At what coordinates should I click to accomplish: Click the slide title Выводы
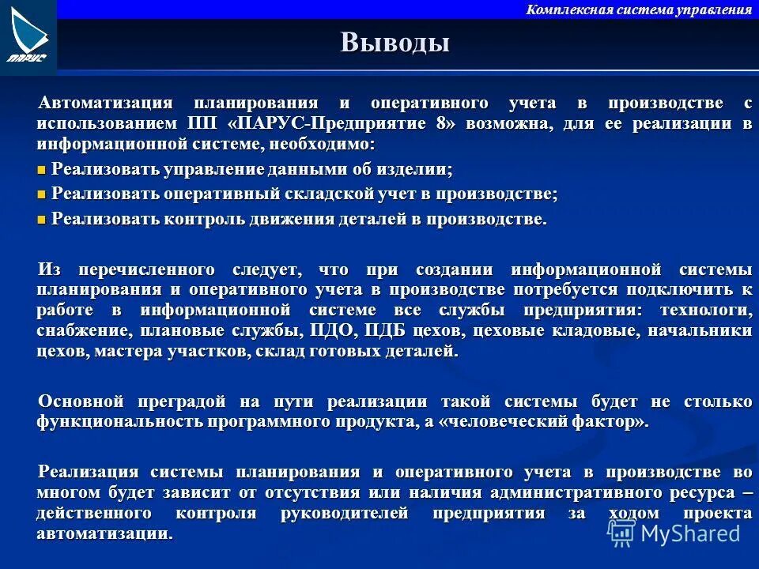[x=395, y=42]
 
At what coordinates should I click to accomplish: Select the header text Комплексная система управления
[x=639, y=9]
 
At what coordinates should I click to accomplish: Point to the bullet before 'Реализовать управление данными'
[x=42, y=170]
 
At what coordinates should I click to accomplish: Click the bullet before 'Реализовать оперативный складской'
[x=42, y=195]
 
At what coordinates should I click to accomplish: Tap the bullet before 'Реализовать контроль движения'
[x=42, y=220]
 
